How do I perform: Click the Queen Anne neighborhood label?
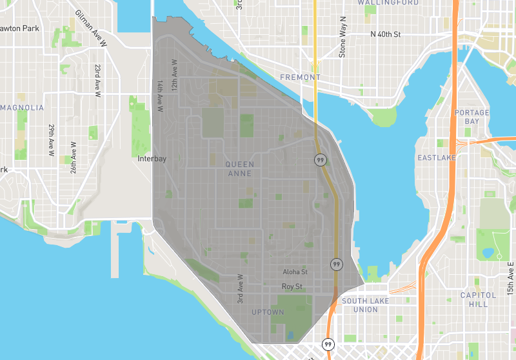239,169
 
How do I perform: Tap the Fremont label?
300,77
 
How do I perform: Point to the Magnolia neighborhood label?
23,107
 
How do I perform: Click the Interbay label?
152,158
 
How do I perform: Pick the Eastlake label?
437,157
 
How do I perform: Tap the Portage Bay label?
471,117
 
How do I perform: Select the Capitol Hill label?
478,299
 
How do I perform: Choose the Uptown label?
268,312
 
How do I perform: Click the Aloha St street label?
295,273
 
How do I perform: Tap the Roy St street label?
292,286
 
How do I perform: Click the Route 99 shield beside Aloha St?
336,265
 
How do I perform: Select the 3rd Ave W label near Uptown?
239,288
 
